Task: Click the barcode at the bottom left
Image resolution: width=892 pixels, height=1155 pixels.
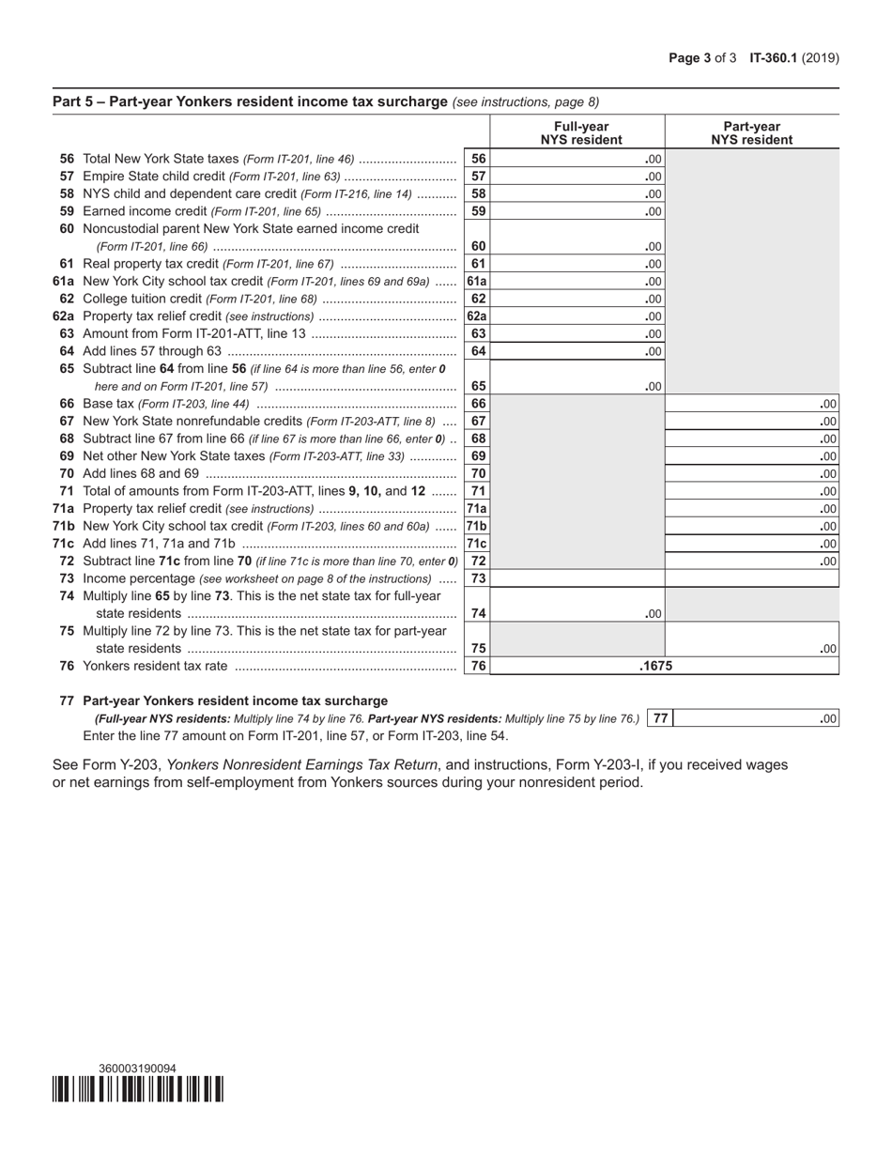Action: click(137, 1089)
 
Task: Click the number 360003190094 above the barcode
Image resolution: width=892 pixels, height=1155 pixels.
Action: click(137, 1069)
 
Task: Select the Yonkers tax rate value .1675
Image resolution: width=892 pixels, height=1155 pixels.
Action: click(654, 667)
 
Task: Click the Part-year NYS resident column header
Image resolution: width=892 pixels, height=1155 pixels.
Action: click(751, 133)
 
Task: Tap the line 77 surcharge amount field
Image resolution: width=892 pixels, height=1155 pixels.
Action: click(756, 719)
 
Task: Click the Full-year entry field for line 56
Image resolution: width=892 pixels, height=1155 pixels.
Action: click(577, 160)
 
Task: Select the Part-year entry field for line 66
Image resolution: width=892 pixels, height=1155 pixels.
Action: click(751, 404)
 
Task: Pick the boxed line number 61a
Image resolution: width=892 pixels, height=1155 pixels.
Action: click(477, 281)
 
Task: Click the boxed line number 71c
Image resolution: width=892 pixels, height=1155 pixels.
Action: click(477, 544)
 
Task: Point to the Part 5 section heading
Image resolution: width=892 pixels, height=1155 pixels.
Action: click(250, 101)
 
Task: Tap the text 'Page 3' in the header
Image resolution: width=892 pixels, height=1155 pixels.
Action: click(689, 58)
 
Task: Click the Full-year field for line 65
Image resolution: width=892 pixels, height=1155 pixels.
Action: click(577, 385)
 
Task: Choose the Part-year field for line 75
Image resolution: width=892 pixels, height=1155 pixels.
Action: click(751, 648)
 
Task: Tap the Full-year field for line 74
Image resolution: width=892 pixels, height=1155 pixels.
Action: click(577, 613)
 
